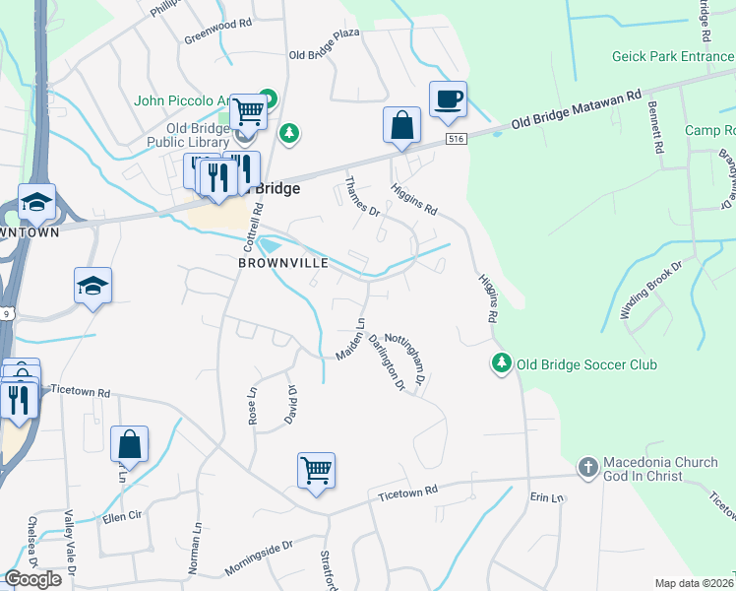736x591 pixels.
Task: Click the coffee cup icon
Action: coord(448,99)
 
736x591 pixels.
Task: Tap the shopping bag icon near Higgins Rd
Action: coord(401,125)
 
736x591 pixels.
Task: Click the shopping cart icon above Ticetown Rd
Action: coord(316,471)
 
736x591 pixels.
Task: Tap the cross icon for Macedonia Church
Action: coord(587,467)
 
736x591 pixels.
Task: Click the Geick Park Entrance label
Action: coord(672,57)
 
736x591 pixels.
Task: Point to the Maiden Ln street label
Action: coord(350,339)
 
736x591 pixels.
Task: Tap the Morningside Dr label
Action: coord(259,558)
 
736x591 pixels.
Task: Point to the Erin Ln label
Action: coord(547,498)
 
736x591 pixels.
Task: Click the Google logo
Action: coord(32,579)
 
